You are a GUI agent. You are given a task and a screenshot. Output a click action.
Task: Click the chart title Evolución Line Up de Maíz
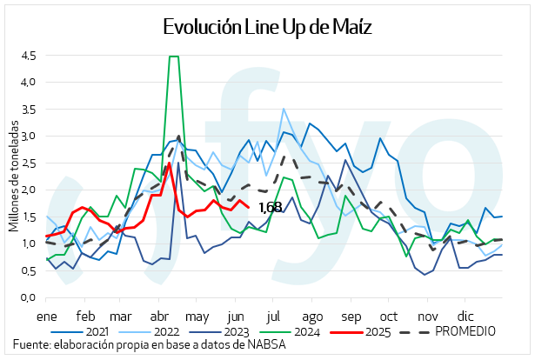pyautogui.click(x=267, y=27)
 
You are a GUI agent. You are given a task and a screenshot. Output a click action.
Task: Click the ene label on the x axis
pyautogui.click(x=45, y=316)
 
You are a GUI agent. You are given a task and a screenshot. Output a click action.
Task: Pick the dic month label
pyautogui.click(x=467, y=316)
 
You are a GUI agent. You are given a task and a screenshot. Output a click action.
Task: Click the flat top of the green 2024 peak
pyautogui.click(x=173, y=57)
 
